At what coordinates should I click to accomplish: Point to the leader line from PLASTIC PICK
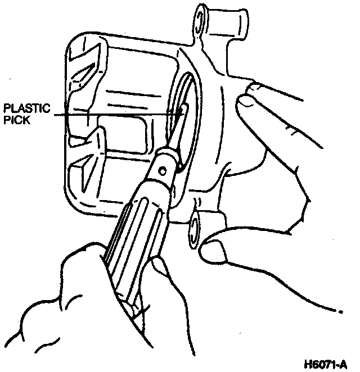(112, 114)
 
